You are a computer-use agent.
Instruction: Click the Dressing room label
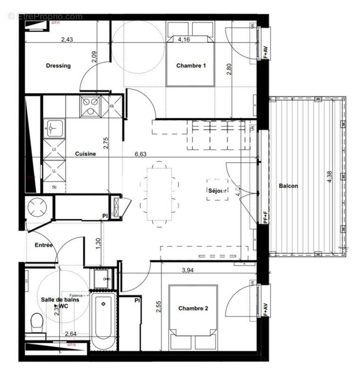pos(58,66)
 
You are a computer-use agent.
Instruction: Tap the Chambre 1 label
pos(191,66)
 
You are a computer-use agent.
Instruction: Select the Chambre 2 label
pos(193,309)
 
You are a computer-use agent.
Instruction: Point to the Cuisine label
pos(86,154)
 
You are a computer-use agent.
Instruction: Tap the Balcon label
pos(288,186)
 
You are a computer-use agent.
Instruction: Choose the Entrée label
pos(44,245)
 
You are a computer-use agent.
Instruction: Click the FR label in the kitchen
pos(112,107)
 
